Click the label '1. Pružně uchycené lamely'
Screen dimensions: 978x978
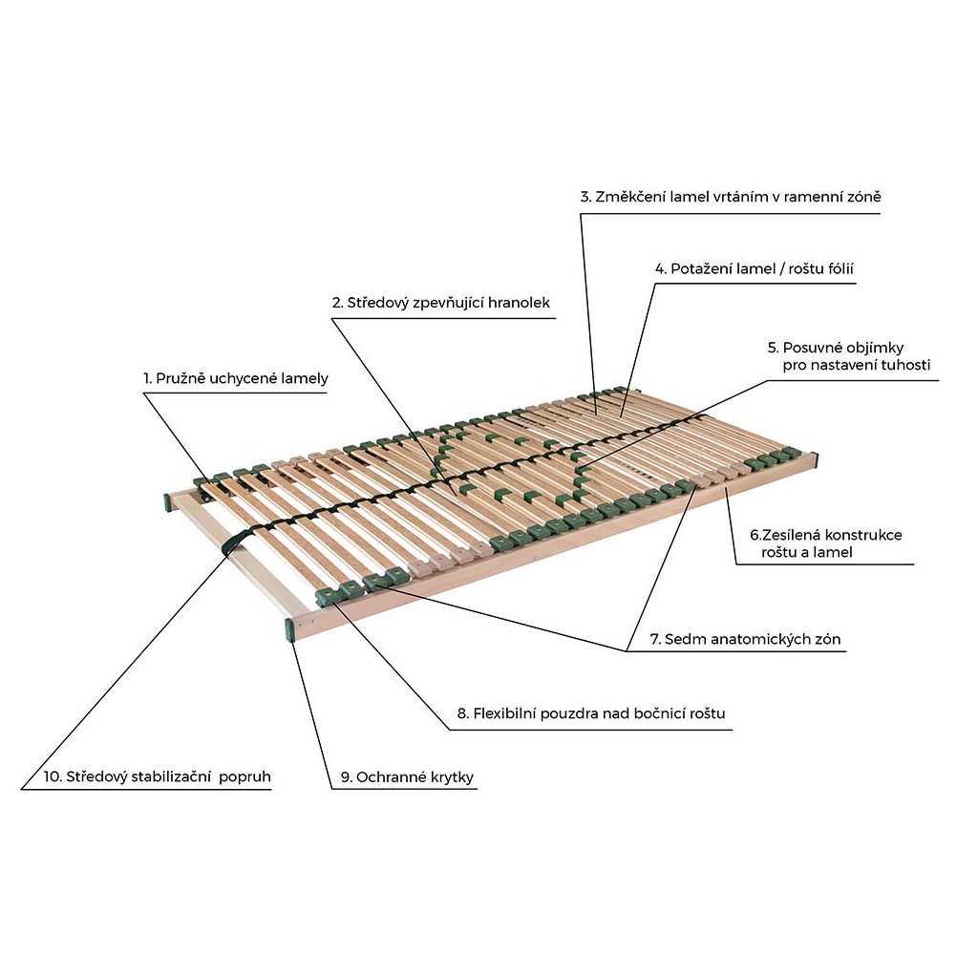pyautogui.click(x=236, y=379)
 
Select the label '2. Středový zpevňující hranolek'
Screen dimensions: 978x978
pyautogui.click(x=441, y=303)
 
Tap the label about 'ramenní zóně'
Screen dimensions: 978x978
pyautogui.click(x=730, y=197)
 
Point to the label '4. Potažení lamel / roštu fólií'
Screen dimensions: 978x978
pyautogui.click(x=754, y=268)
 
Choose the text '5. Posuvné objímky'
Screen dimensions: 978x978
pyautogui.click(x=836, y=348)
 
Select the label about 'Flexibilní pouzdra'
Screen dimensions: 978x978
pyautogui.click(x=597, y=713)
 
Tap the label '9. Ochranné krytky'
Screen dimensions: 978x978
pyautogui.click(x=407, y=777)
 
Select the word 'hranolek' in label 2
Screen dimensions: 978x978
pyautogui.click(x=519, y=303)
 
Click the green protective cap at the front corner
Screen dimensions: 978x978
pyautogui.click(x=289, y=629)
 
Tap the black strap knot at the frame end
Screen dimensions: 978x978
pyautogui.click(x=232, y=543)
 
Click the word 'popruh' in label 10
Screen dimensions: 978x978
pyautogui.click(x=245, y=776)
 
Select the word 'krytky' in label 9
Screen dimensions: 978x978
pyautogui.click(x=450, y=777)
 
